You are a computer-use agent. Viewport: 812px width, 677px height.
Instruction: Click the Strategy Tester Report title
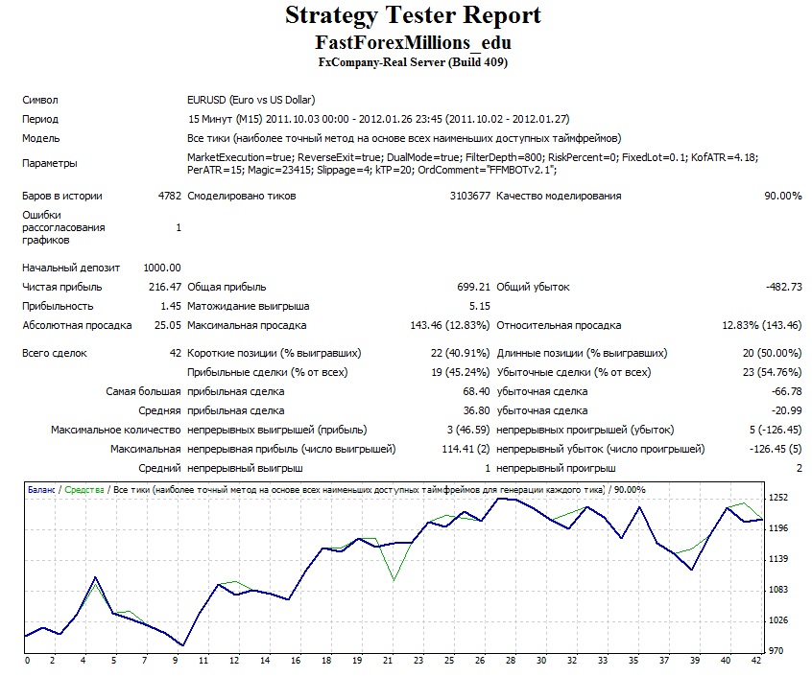pos(413,15)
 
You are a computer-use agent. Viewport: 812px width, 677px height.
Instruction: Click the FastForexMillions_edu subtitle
pos(413,42)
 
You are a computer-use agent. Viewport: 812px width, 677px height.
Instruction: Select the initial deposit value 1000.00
pos(162,268)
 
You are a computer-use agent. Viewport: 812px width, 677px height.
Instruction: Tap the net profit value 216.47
pos(165,287)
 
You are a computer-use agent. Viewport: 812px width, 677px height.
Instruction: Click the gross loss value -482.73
pos(783,287)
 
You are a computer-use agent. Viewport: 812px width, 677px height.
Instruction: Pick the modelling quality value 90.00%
pos(783,196)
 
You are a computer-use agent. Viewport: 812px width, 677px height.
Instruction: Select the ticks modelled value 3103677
pos(469,196)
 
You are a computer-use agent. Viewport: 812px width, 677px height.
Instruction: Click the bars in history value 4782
pos(169,196)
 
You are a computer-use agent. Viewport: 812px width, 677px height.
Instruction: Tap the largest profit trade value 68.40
pos(476,391)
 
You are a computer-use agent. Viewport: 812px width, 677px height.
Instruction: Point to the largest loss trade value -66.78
pos(786,391)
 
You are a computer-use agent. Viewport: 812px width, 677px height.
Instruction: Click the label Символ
pos(40,101)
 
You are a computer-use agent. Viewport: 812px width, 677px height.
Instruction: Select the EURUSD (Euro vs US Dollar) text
pos(251,100)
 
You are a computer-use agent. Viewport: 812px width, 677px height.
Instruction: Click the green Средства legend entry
pos(84,490)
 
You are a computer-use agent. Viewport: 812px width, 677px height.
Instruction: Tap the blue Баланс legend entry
pos(41,490)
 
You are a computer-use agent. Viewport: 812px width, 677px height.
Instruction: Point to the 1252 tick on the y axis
pos(778,498)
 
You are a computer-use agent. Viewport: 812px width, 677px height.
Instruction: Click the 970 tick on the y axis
pos(776,650)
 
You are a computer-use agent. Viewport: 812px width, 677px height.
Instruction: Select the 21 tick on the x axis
pos(388,661)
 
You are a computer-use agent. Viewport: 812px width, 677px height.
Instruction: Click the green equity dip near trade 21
pos(394,580)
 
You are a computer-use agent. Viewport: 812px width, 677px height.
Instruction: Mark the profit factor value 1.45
pos(171,306)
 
